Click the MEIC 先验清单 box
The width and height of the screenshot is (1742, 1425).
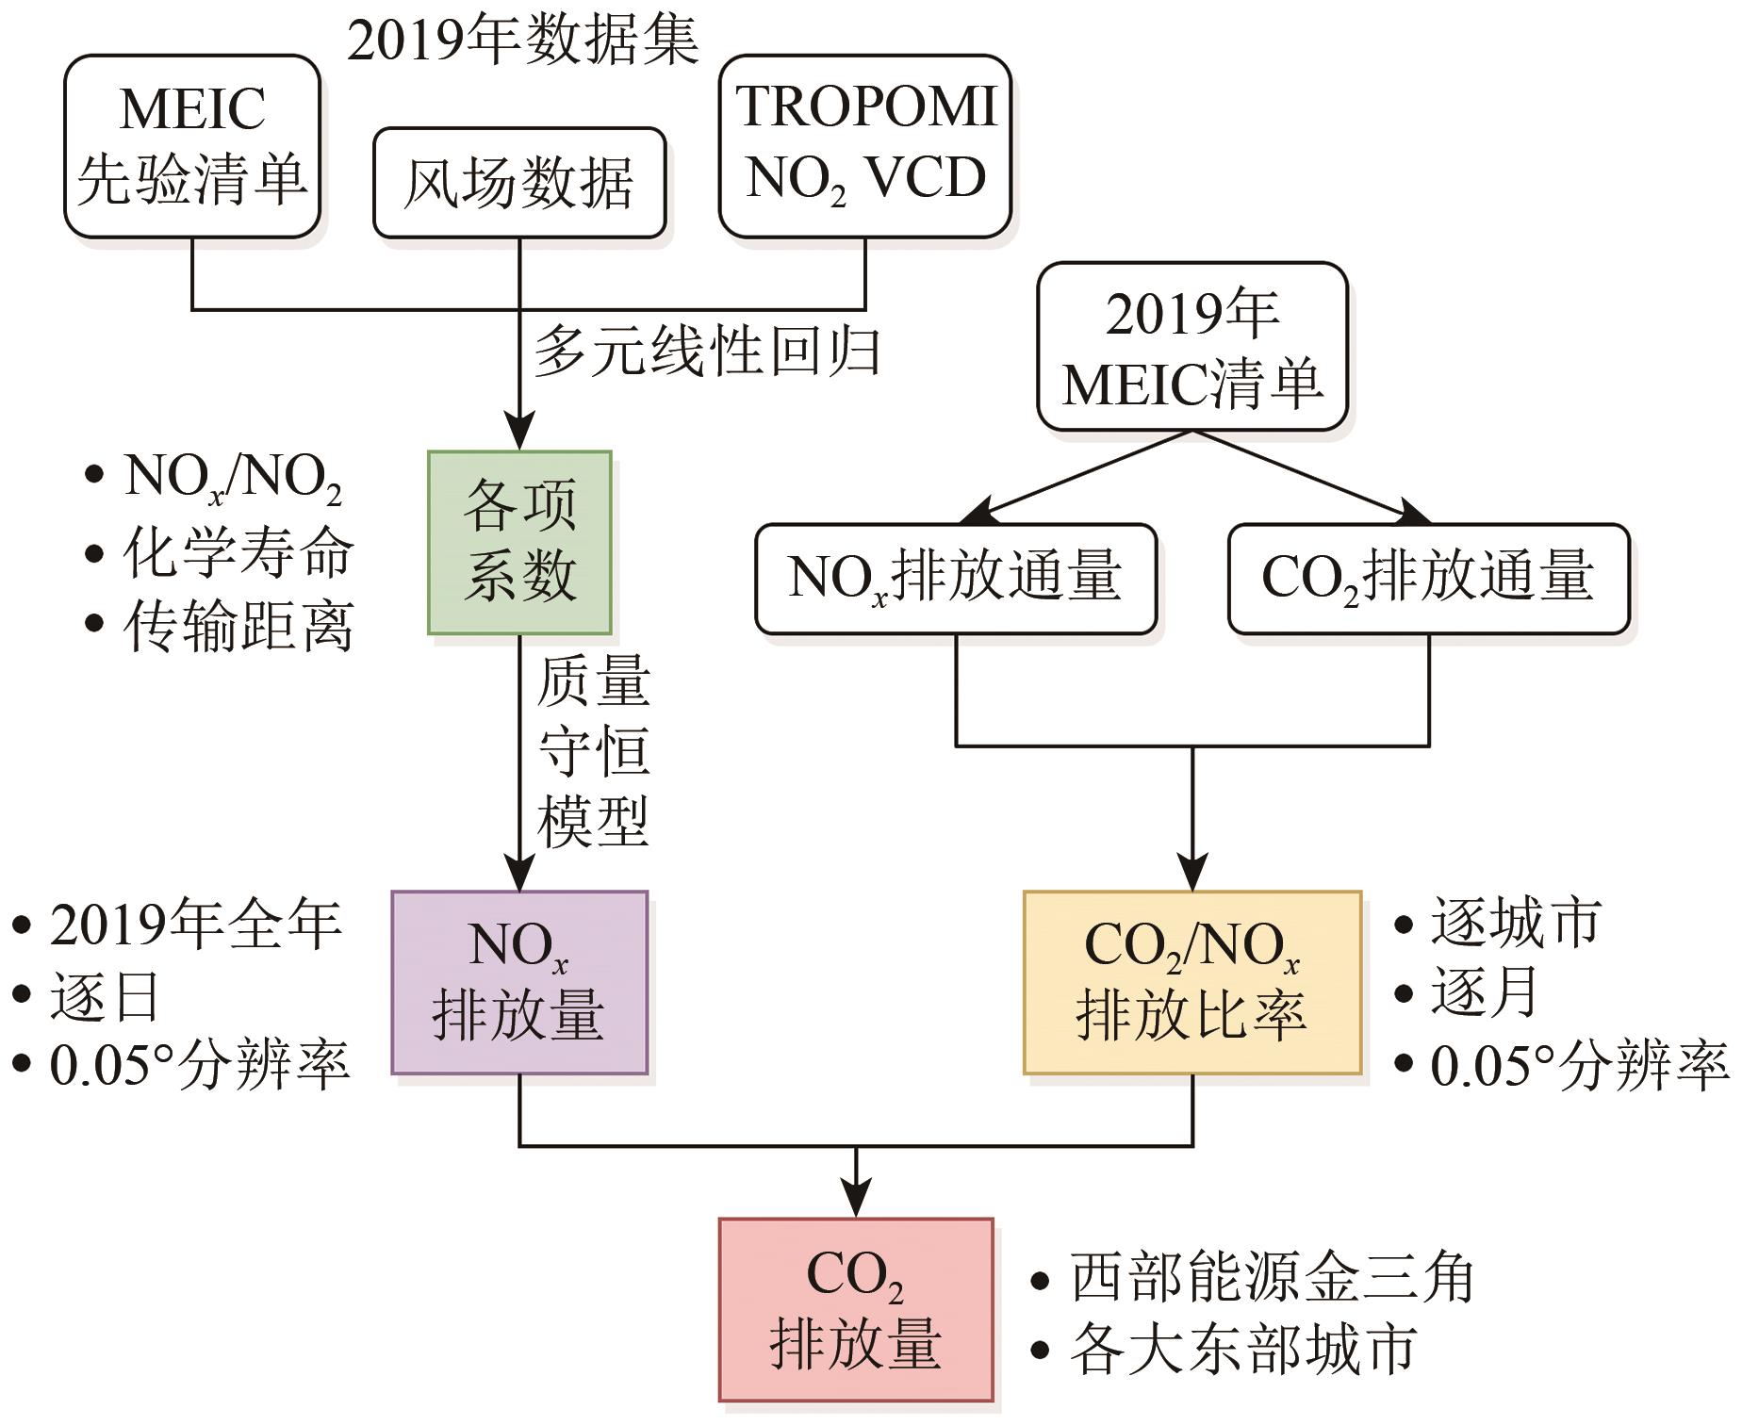[x=192, y=145]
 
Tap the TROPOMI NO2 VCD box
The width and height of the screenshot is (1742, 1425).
[x=865, y=145]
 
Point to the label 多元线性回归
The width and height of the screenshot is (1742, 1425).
[x=708, y=352]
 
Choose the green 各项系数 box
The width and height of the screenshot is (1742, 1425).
[x=519, y=542]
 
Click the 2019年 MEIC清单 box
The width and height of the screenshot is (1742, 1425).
[x=1192, y=347]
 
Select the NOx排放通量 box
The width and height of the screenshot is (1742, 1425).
[x=956, y=578]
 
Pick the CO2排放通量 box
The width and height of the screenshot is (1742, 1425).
[x=1429, y=578]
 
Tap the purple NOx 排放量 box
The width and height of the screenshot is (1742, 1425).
[x=519, y=982]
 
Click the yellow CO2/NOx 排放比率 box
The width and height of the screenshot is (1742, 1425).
[x=1192, y=982]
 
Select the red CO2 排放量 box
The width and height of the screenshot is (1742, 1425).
[x=856, y=1309]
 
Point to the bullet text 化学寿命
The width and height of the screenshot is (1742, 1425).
[x=238, y=552]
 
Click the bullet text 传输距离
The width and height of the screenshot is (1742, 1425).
[x=238, y=626]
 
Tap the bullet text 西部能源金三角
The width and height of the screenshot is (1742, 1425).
[x=1272, y=1279]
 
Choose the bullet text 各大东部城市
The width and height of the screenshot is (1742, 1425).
[x=1242, y=1349]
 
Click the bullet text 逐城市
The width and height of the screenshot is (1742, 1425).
[x=1516, y=922]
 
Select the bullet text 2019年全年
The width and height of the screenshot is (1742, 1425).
[x=195, y=925]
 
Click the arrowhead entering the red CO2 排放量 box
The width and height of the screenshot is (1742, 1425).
[x=856, y=1203]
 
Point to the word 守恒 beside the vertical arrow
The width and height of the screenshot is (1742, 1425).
[x=594, y=751]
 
